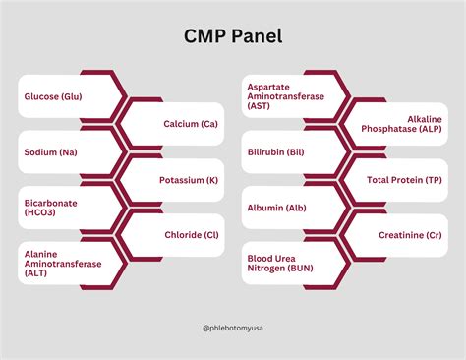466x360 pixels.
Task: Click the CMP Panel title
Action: [x=233, y=37]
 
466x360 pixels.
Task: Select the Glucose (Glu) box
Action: [x=55, y=96]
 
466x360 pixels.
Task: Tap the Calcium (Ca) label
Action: [x=189, y=124]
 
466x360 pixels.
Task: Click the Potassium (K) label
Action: [x=189, y=180]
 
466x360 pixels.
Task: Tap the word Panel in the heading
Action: [x=258, y=37]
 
